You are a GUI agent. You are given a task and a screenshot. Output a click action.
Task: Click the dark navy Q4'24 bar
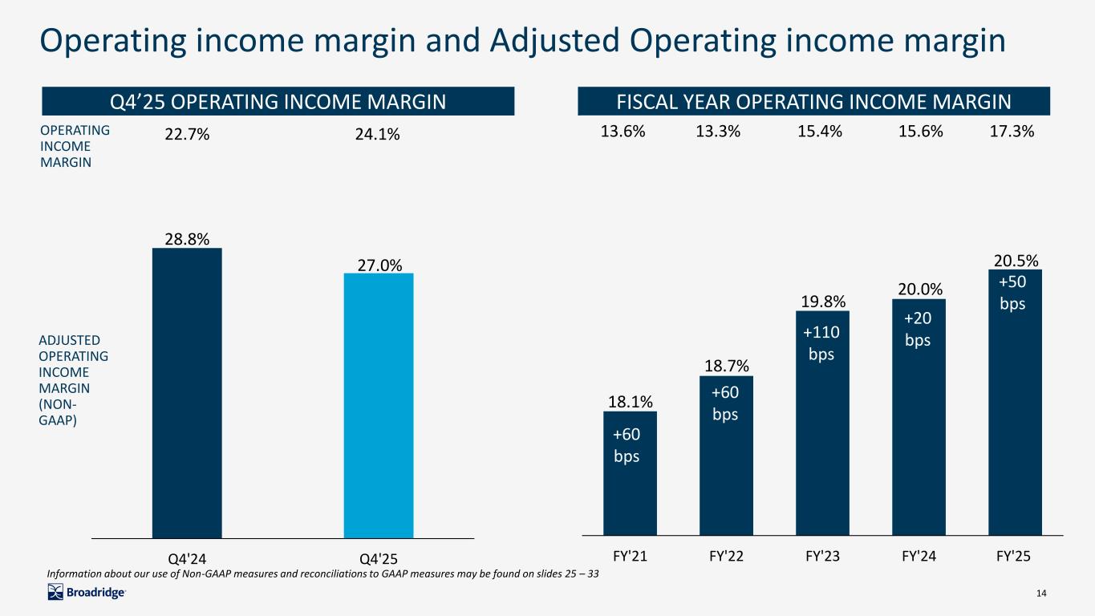[186, 393]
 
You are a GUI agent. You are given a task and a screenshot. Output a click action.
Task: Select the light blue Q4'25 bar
[379, 405]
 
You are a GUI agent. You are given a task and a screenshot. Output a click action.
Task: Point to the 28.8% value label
[187, 239]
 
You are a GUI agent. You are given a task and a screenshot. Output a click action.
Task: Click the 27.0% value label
[379, 265]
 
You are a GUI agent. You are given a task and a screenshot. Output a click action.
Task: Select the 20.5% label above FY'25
[1016, 260]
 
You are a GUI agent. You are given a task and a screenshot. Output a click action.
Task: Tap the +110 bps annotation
[821, 342]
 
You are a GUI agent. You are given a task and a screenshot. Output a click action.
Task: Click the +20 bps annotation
[919, 330]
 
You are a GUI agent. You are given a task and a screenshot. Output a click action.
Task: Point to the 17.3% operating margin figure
[1012, 132]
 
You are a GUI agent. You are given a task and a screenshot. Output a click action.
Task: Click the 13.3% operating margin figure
[718, 132]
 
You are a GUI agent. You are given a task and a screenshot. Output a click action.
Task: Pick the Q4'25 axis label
[379, 556]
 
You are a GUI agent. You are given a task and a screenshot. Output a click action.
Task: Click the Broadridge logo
[87, 593]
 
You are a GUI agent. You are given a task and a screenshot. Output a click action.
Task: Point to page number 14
[1042, 593]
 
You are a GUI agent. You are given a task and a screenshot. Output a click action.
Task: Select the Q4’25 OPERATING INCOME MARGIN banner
[278, 102]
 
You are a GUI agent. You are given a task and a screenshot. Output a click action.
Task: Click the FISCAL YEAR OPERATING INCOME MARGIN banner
[813, 102]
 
